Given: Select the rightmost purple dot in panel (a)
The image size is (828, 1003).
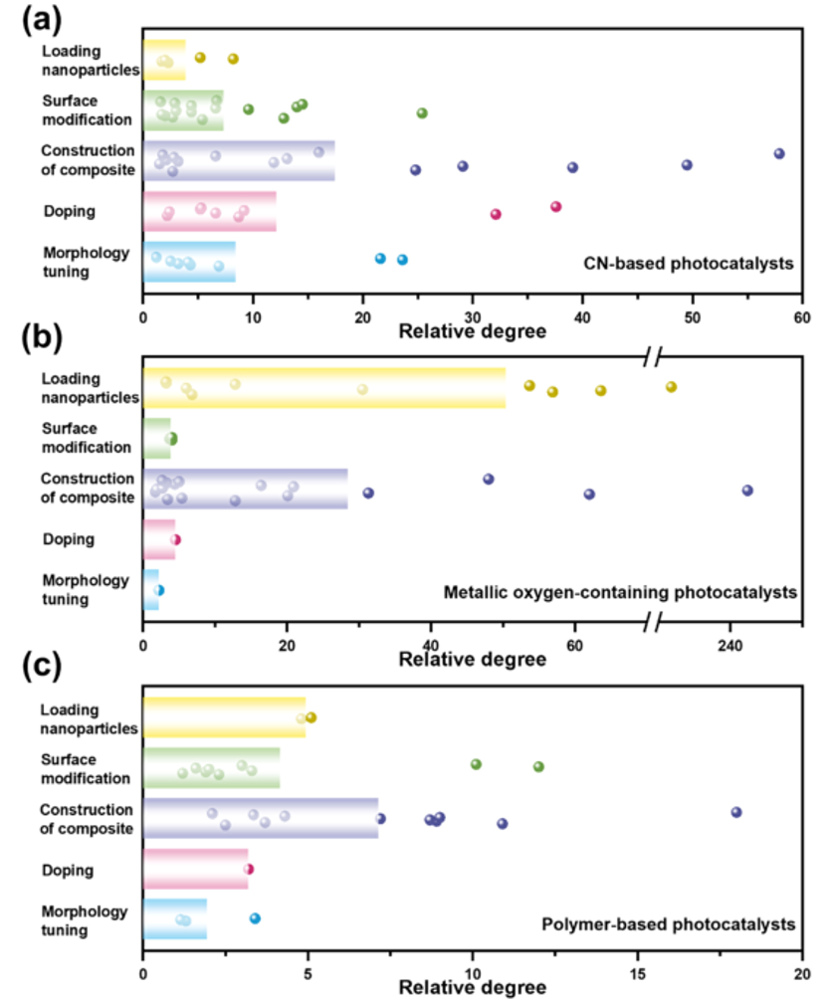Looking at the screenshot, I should (779, 153).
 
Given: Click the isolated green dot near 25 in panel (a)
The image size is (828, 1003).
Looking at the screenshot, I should (422, 112).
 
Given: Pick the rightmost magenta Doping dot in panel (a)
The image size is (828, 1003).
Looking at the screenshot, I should (556, 206).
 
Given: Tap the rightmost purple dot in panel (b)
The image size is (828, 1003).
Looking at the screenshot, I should (747, 490).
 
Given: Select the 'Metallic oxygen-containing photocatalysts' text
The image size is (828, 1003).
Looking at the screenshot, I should (620, 593).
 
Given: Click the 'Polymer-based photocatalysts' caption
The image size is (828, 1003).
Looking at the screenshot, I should (668, 924).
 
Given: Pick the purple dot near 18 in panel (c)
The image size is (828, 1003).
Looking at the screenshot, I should (736, 812).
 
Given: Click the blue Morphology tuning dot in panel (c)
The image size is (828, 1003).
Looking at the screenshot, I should (255, 918).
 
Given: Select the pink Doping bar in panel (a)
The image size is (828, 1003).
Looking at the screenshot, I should (209, 211).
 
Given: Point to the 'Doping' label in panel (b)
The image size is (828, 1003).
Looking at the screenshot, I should (69, 539).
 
